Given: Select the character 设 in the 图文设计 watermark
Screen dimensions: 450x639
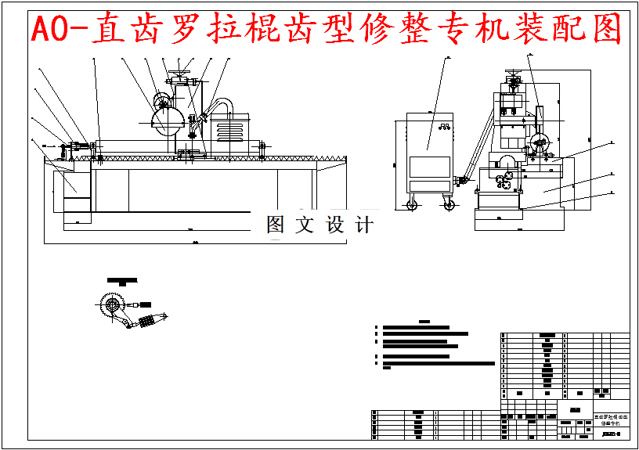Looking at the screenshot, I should pyautogui.click(x=335, y=225).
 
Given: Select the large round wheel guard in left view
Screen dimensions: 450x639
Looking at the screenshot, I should pyautogui.click(x=167, y=119).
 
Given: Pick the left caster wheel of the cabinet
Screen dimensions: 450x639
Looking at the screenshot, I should pyautogui.click(x=412, y=205).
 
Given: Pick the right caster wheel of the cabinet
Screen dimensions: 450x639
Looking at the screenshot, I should pyautogui.click(x=449, y=205).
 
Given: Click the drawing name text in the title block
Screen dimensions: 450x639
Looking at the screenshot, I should pyautogui.click(x=611, y=420).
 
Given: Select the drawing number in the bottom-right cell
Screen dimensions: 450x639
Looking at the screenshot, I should pyautogui.click(x=611, y=434).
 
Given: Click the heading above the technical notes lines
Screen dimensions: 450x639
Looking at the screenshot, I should pyautogui.click(x=425, y=321).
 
